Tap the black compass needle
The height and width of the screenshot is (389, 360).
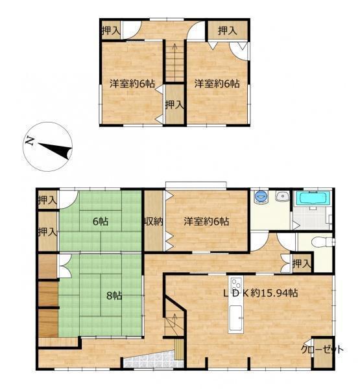click(55, 150)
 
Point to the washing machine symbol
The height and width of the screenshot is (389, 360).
click(261, 197)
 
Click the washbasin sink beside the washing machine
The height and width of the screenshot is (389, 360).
click(282, 196)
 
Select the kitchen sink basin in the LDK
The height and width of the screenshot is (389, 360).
click(235, 318)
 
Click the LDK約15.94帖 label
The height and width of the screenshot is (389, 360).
click(261, 293)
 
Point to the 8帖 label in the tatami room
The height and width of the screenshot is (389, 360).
click(114, 296)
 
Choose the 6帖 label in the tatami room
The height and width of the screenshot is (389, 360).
click(101, 221)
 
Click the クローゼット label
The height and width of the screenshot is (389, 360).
click(322, 349)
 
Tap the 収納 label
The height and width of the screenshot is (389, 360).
click(154, 221)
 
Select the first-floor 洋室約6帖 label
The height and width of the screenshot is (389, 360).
click(206, 221)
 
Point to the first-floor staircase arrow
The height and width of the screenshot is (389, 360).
click(174, 322)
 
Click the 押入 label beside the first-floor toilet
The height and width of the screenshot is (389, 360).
click(302, 263)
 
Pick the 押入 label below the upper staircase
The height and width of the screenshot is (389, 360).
click(174, 104)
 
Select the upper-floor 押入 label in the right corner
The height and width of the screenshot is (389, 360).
click(227, 30)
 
